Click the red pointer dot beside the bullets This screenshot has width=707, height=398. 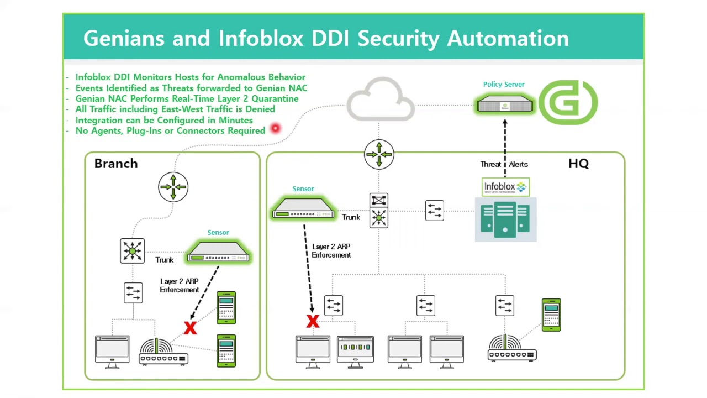(x=275, y=129)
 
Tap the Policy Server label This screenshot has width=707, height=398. (x=504, y=85)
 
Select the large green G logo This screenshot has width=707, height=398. (x=568, y=102)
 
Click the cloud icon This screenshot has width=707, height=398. (x=381, y=100)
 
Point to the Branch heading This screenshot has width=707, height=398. (x=116, y=164)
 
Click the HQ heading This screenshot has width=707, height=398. (x=578, y=164)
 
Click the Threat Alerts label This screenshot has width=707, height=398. (x=504, y=164)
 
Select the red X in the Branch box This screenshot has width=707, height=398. (x=190, y=328)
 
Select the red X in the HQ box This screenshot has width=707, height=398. (x=313, y=321)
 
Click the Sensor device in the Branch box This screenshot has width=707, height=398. (x=219, y=252)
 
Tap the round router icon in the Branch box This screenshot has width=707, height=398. (x=173, y=187)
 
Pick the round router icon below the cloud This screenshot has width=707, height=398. (x=379, y=154)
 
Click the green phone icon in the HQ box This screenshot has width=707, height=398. (x=551, y=315)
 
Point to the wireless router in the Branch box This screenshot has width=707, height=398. (x=163, y=353)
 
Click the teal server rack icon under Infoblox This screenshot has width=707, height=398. (x=505, y=220)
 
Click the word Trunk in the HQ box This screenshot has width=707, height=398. (x=351, y=217)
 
